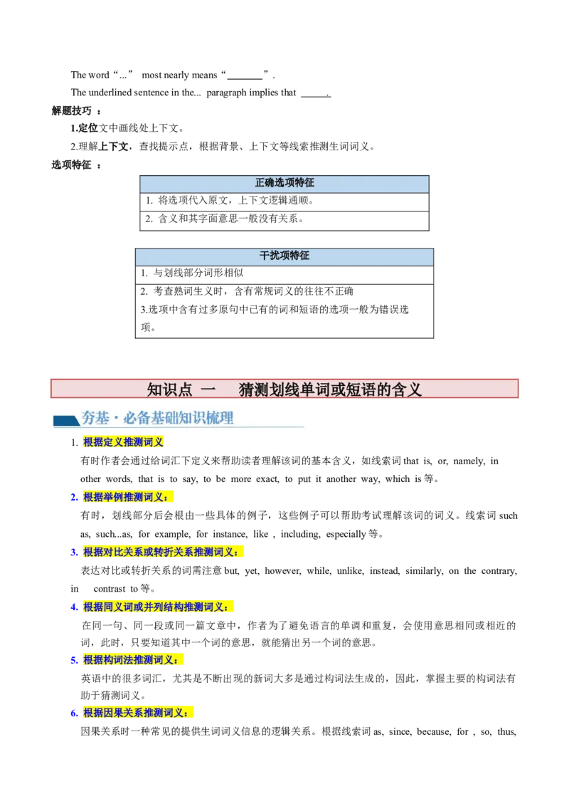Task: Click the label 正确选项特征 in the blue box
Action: point(284,183)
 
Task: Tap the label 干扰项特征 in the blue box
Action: point(284,256)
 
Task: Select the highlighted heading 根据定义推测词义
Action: point(124,443)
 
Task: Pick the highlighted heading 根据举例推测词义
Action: point(126,498)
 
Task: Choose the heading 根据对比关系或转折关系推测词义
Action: point(161,552)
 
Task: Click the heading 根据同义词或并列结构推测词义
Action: point(156,607)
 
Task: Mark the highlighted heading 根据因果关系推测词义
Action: point(136,713)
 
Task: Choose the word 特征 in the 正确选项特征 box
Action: point(304,183)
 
